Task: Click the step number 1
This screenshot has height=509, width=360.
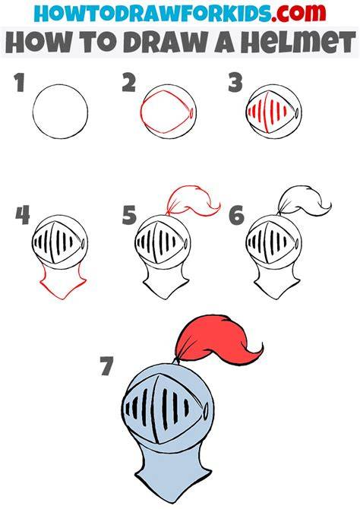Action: tap(20, 83)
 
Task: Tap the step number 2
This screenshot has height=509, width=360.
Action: tap(129, 83)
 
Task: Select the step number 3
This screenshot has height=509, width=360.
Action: tap(235, 83)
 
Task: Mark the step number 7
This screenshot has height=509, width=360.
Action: tap(106, 366)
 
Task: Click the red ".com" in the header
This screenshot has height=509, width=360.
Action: tap(298, 12)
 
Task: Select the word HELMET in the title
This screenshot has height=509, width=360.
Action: tap(298, 43)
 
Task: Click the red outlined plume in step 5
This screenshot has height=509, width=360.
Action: tap(193, 201)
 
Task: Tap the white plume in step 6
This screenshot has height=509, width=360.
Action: tap(304, 201)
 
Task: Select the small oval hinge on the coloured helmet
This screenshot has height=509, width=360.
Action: tap(206, 412)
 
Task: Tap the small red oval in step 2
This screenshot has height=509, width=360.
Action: tap(191, 113)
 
